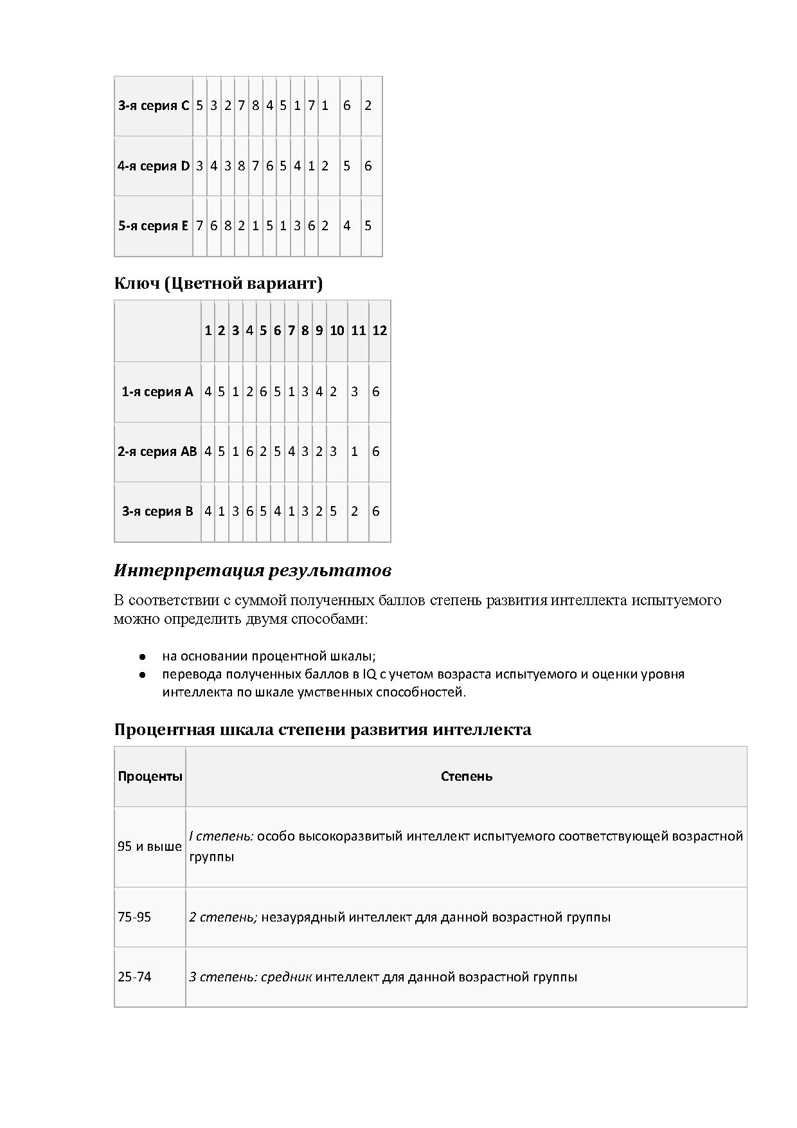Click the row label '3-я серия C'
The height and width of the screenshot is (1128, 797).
coord(154,105)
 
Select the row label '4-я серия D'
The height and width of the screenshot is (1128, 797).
coord(154,166)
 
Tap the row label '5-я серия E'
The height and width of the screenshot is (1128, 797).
coord(154,226)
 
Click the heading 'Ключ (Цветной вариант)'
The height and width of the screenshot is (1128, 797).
coord(218,283)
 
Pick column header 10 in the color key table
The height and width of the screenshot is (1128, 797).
coord(337,331)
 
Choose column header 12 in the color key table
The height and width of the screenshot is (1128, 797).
coord(380,331)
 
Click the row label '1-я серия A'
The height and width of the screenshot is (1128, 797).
coord(157,392)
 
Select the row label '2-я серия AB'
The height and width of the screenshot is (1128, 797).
coord(157,451)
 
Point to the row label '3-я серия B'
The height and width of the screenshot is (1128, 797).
coord(157,511)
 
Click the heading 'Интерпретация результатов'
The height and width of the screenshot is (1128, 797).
coord(253,570)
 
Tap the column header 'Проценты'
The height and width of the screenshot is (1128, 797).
coord(150,776)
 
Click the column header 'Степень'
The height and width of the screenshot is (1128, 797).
coord(467,776)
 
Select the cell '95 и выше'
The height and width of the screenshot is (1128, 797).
coord(150,846)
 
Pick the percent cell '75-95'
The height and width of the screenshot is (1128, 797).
coord(134,917)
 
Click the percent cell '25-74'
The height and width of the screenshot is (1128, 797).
coord(134,977)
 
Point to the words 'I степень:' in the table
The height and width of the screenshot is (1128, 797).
coord(221,836)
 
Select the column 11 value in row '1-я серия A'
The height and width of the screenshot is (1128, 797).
coord(354,392)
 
